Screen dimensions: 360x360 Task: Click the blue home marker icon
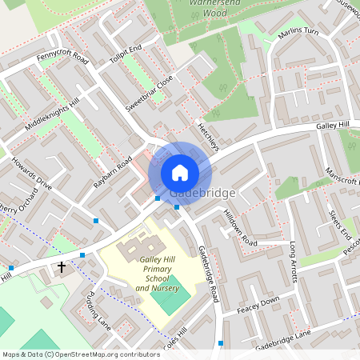click(x=180, y=173)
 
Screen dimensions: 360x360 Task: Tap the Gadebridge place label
click(x=203, y=194)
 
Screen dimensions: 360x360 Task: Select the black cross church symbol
click(x=61, y=267)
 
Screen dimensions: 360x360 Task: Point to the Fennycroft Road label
click(x=62, y=58)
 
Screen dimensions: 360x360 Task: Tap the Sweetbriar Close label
click(x=150, y=94)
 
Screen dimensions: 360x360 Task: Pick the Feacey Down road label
click(x=258, y=304)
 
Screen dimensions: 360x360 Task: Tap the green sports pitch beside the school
click(x=174, y=297)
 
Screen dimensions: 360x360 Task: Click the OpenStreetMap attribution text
click(x=80, y=354)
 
